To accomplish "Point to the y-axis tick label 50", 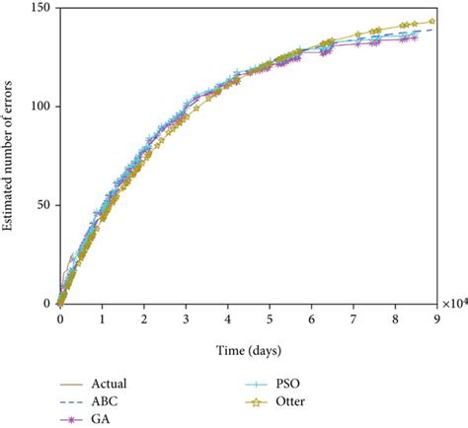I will pyautogui.click(x=44, y=205).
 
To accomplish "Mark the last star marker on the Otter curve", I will pyautogui.click(x=431, y=21).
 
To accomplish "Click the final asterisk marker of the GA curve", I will pyautogui.click(x=414, y=38).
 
